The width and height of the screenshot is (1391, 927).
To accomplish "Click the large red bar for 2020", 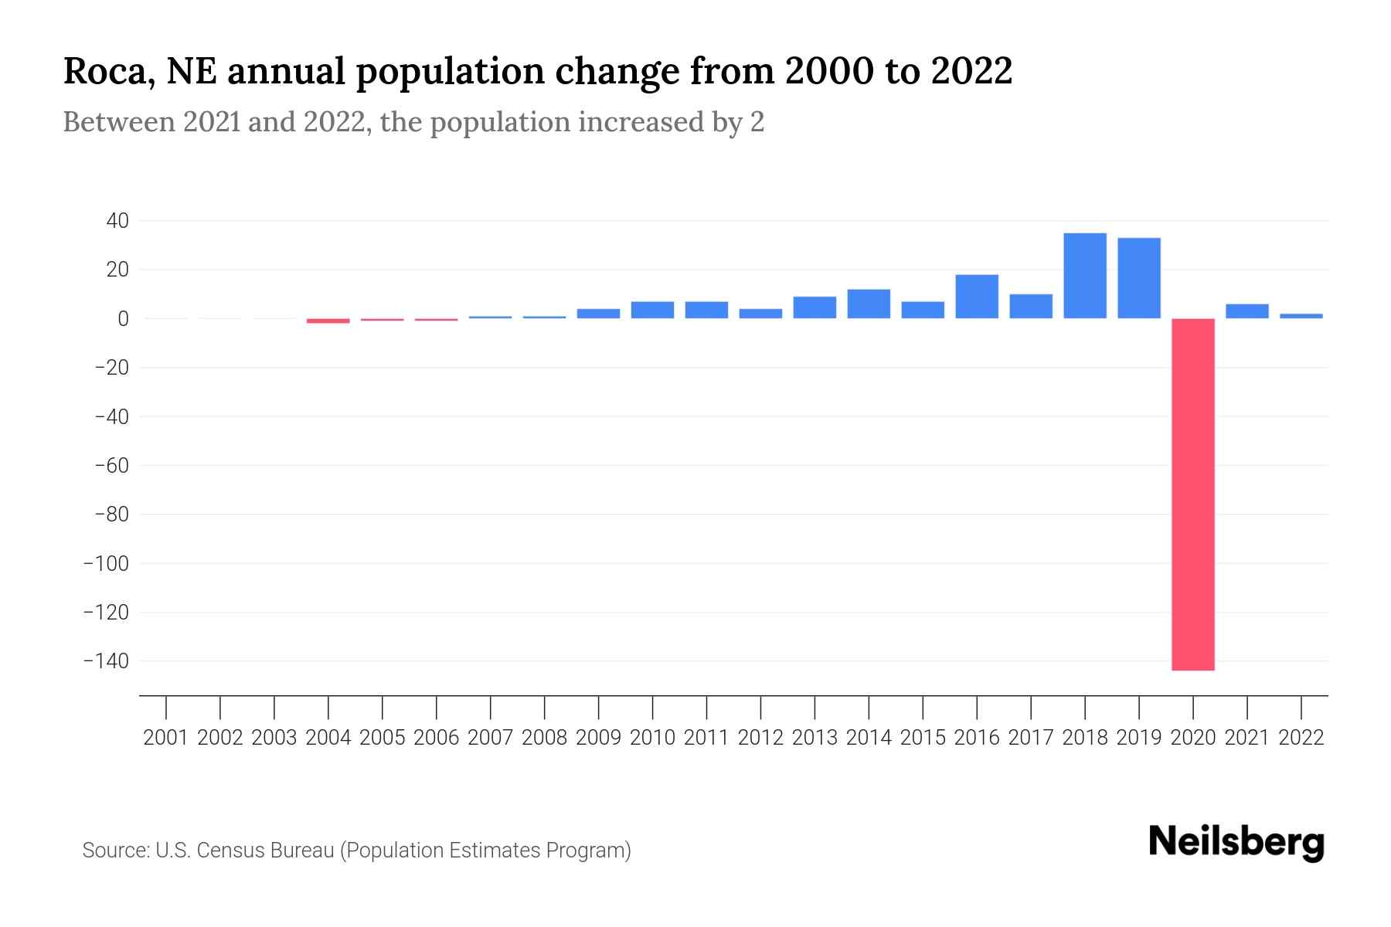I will [1192, 494].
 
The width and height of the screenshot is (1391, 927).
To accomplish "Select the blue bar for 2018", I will [1085, 276].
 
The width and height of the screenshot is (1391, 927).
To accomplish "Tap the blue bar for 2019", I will [1138, 278].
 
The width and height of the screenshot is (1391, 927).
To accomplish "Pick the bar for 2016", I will [977, 297].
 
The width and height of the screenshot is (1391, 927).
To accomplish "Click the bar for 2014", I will [869, 304].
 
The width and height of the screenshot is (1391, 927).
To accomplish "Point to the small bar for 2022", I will [1301, 316].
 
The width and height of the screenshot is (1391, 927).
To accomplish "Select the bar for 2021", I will [1246, 311].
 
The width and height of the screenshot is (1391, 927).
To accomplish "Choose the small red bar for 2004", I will [328, 321].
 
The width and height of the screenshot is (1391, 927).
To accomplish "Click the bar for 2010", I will [652, 310].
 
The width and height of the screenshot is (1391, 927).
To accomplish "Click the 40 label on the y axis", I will [117, 221].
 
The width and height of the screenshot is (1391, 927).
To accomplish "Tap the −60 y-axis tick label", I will [111, 466].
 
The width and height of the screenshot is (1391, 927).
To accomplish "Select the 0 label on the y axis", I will [123, 318].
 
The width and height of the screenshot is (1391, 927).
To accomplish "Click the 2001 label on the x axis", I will [166, 738].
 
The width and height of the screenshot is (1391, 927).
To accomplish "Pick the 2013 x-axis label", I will [815, 738].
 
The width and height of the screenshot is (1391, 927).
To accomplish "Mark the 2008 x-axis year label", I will [544, 738].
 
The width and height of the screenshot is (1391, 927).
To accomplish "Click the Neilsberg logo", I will [1236, 842].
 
